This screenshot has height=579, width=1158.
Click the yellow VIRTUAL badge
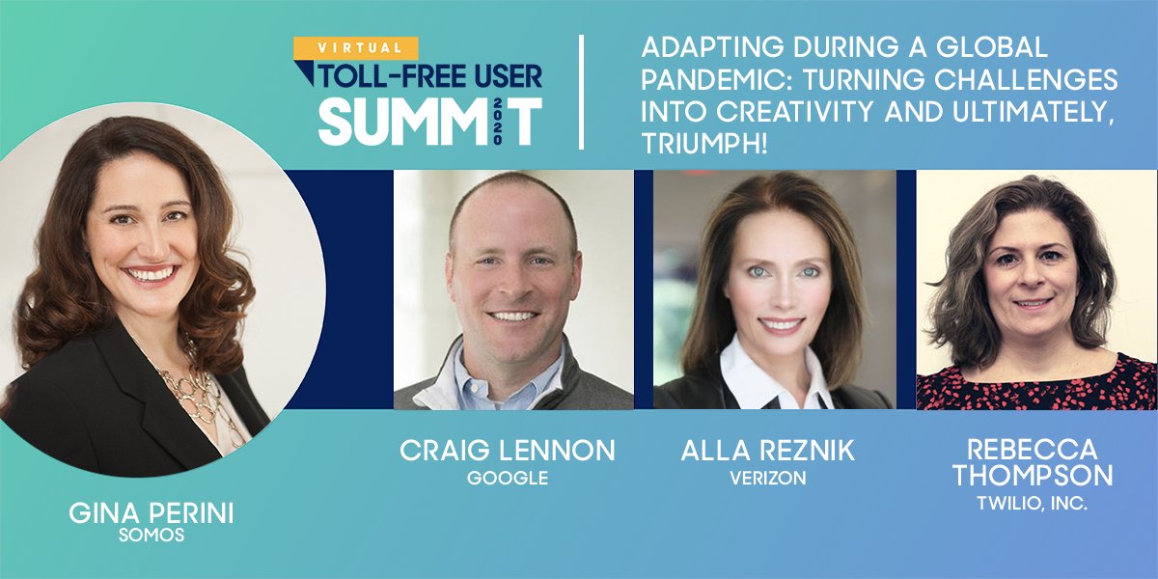tap(356, 47)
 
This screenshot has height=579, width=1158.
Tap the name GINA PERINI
tap(152, 514)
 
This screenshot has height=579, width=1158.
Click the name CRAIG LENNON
tap(508, 452)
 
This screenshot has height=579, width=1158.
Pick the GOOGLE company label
tap(508, 478)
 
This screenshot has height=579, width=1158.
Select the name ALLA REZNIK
tap(768, 452)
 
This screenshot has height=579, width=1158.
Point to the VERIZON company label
tap(768, 478)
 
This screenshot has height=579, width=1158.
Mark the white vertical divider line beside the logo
tap(582, 92)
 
